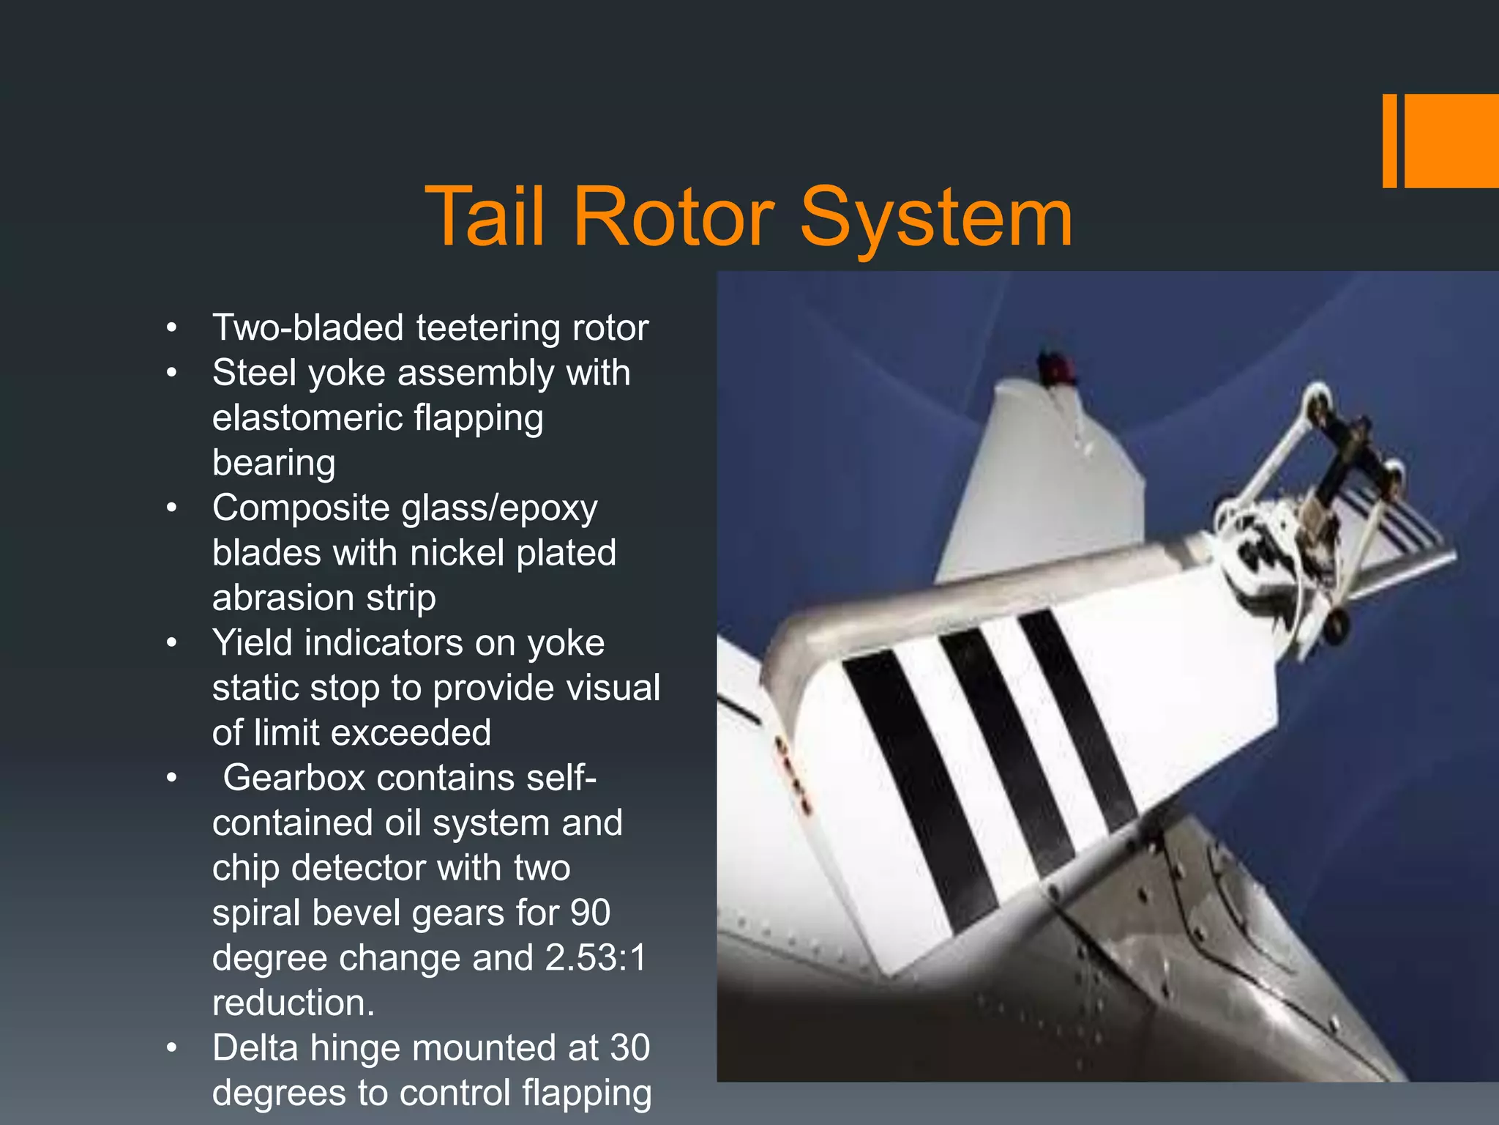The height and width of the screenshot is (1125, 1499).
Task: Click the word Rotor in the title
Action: pos(673,218)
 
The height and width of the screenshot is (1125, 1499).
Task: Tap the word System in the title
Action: pos(936,218)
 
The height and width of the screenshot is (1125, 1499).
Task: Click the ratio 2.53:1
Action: pos(596,958)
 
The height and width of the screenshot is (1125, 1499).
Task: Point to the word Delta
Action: pos(255,1048)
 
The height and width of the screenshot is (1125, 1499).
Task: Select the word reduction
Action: pos(293,1003)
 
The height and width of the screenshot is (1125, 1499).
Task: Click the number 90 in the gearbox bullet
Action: pos(590,913)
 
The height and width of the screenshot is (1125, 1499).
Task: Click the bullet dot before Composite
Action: pos(171,508)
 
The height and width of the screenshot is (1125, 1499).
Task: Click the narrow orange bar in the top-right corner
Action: pos(1389,141)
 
